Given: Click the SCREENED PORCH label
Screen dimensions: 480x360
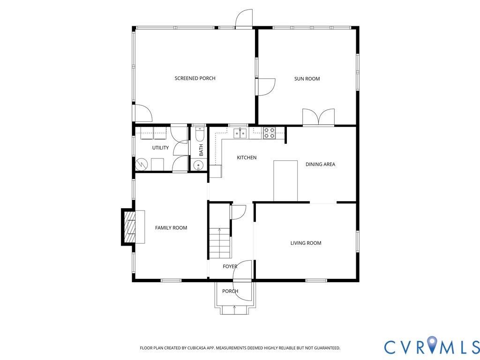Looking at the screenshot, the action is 195,78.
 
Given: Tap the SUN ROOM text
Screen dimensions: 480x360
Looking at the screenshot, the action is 307,79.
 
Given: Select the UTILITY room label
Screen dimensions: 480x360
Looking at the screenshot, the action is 160,148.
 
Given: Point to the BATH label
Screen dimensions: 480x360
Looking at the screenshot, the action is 201,150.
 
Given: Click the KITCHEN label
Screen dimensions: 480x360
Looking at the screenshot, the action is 247,157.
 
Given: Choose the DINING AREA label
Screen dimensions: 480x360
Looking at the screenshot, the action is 320,165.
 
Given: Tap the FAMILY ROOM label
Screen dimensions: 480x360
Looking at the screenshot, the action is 171,228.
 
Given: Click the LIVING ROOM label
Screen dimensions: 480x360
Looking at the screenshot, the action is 306,243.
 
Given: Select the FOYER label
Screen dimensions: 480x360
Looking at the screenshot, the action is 230,267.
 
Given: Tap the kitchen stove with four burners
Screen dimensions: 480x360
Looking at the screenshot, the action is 269,133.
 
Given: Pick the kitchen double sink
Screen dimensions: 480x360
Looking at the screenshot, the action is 240,134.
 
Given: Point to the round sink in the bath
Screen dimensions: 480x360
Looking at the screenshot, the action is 198,165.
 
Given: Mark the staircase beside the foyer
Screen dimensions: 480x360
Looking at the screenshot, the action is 219,243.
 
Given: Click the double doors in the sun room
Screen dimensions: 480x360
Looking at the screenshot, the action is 318,117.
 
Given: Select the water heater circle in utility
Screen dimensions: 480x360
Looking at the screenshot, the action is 142,165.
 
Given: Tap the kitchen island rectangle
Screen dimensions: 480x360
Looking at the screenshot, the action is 285,181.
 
